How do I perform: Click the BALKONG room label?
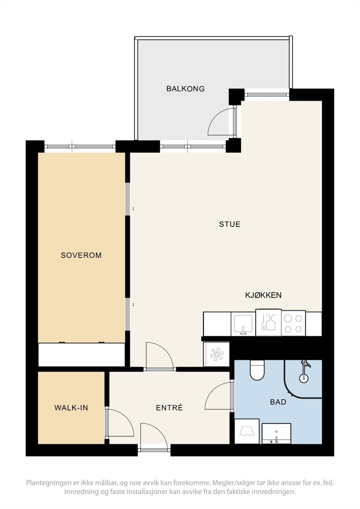(x=185, y=89)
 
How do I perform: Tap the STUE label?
(x=230, y=224)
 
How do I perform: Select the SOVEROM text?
(x=81, y=255)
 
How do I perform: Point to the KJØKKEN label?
(x=263, y=295)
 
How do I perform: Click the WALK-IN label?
(x=71, y=408)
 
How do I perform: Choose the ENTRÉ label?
(x=169, y=408)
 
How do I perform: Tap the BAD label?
(x=278, y=402)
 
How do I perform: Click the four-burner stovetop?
(x=293, y=323)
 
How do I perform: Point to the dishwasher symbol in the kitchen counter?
(x=269, y=322)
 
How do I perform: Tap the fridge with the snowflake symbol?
(x=216, y=354)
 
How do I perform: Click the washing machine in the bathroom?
(x=247, y=431)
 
